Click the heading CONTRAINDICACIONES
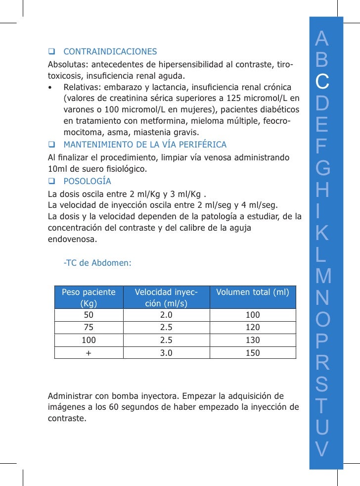tap(110, 51)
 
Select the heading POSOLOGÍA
tap(87, 181)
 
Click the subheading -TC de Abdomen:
tap(97, 263)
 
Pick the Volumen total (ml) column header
tap(253, 292)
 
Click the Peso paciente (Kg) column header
tap(89, 297)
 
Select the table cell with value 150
tap(253, 353)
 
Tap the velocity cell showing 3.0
tap(167, 353)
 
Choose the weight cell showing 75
tap(89, 328)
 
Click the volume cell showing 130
tap(253, 340)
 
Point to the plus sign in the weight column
tap(89, 353)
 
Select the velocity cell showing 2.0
tap(167, 315)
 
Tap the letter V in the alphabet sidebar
tap(322, 448)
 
